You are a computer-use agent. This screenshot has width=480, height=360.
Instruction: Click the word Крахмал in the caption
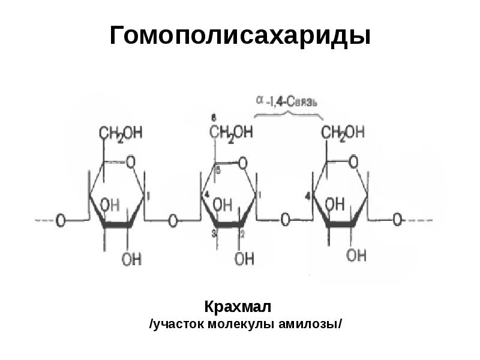point(238,308)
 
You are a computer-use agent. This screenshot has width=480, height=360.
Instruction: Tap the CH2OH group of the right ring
point(343,133)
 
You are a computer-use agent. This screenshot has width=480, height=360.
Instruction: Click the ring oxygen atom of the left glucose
point(131,161)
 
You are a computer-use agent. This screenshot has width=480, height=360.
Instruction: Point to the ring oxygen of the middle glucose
point(242,161)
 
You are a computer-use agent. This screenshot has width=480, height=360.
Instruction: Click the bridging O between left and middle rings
point(173,221)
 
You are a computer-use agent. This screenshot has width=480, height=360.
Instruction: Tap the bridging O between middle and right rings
point(285,221)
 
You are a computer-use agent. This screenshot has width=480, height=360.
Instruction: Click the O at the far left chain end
point(61,221)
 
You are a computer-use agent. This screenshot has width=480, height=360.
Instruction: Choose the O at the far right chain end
point(397,221)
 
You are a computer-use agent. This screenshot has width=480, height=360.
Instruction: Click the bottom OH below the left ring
point(131,259)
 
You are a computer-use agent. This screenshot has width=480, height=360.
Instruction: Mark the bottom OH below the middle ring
point(244,259)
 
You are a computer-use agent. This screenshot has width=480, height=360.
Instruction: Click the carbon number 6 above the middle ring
point(214,116)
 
